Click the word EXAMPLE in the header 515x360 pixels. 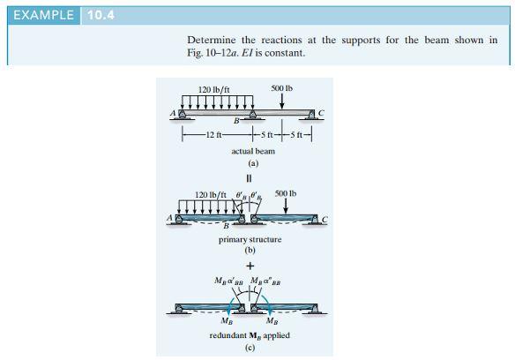pyautogui.click(x=40, y=14)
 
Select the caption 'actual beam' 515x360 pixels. pyautogui.click(x=252, y=151)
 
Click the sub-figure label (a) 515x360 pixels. pyautogui.click(x=252, y=163)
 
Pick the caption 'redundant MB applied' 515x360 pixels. pyautogui.click(x=250, y=336)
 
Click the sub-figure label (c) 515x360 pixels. pyautogui.click(x=250, y=349)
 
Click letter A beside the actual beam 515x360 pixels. pyautogui.click(x=174, y=113)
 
